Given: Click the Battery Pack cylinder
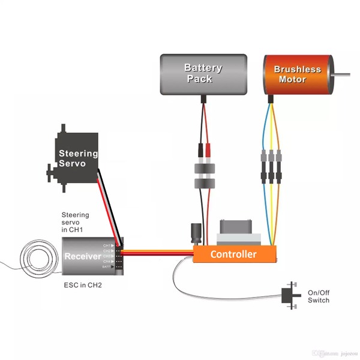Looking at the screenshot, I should pyautogui.click(x=203, y=74).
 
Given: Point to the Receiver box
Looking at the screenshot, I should pyautogui.click(x=90, y=256).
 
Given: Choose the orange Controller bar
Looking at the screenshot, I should pyautogui.click(x=234, y=254).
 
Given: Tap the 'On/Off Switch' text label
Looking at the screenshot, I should pyautogui.click(x=318, y=296).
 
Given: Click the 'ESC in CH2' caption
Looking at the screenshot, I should pyautogui.click(x=82, y=285).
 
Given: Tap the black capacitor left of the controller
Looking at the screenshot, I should pyautogui.click(x=196, y=233).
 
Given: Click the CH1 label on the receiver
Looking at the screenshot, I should pyautogui.click(x=107, y=245).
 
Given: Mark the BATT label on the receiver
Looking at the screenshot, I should pyautogui.click(x=107, y=267).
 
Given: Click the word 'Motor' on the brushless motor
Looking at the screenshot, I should pyautogui.click(x=292, y=79).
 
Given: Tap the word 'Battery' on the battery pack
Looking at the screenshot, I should pyautogui.click(x=203, y=68).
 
